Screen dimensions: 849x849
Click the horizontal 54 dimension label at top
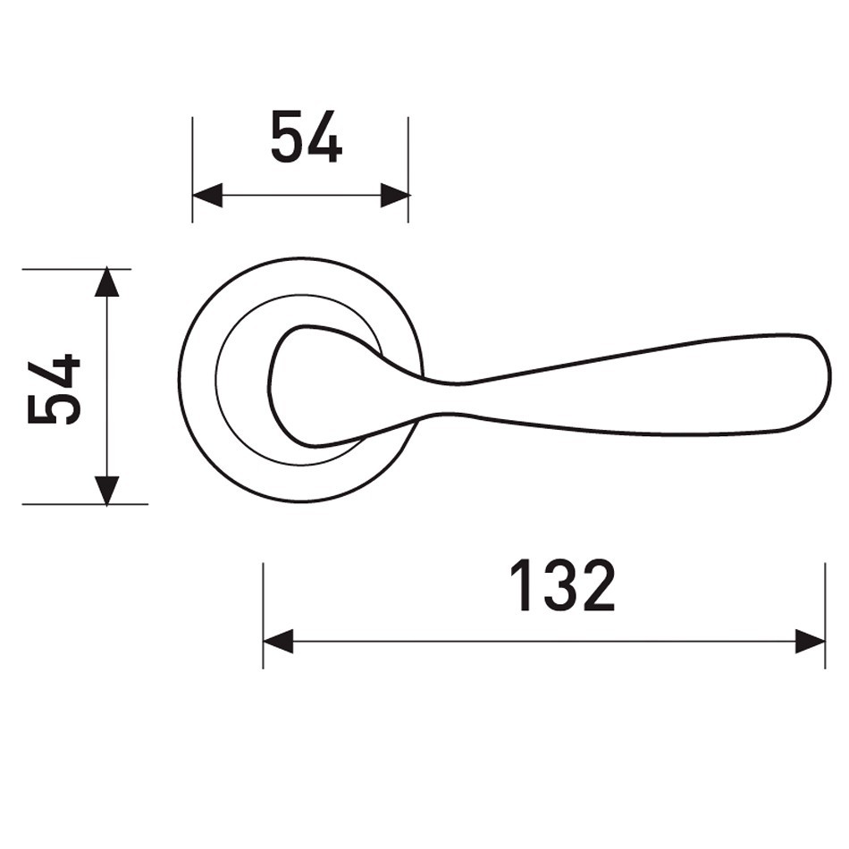pos(307,137)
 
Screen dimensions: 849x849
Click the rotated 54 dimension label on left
pos(54,389)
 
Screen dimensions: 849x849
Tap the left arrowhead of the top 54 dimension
pos(207,195)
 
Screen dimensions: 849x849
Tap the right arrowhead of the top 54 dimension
pos(395,195)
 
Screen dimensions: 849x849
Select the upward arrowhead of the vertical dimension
pos(106,282)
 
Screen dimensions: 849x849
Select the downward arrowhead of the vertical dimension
pos(106,491)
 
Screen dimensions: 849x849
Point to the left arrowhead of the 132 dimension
pos(278,642)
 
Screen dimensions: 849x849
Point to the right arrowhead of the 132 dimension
pos(810,642)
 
